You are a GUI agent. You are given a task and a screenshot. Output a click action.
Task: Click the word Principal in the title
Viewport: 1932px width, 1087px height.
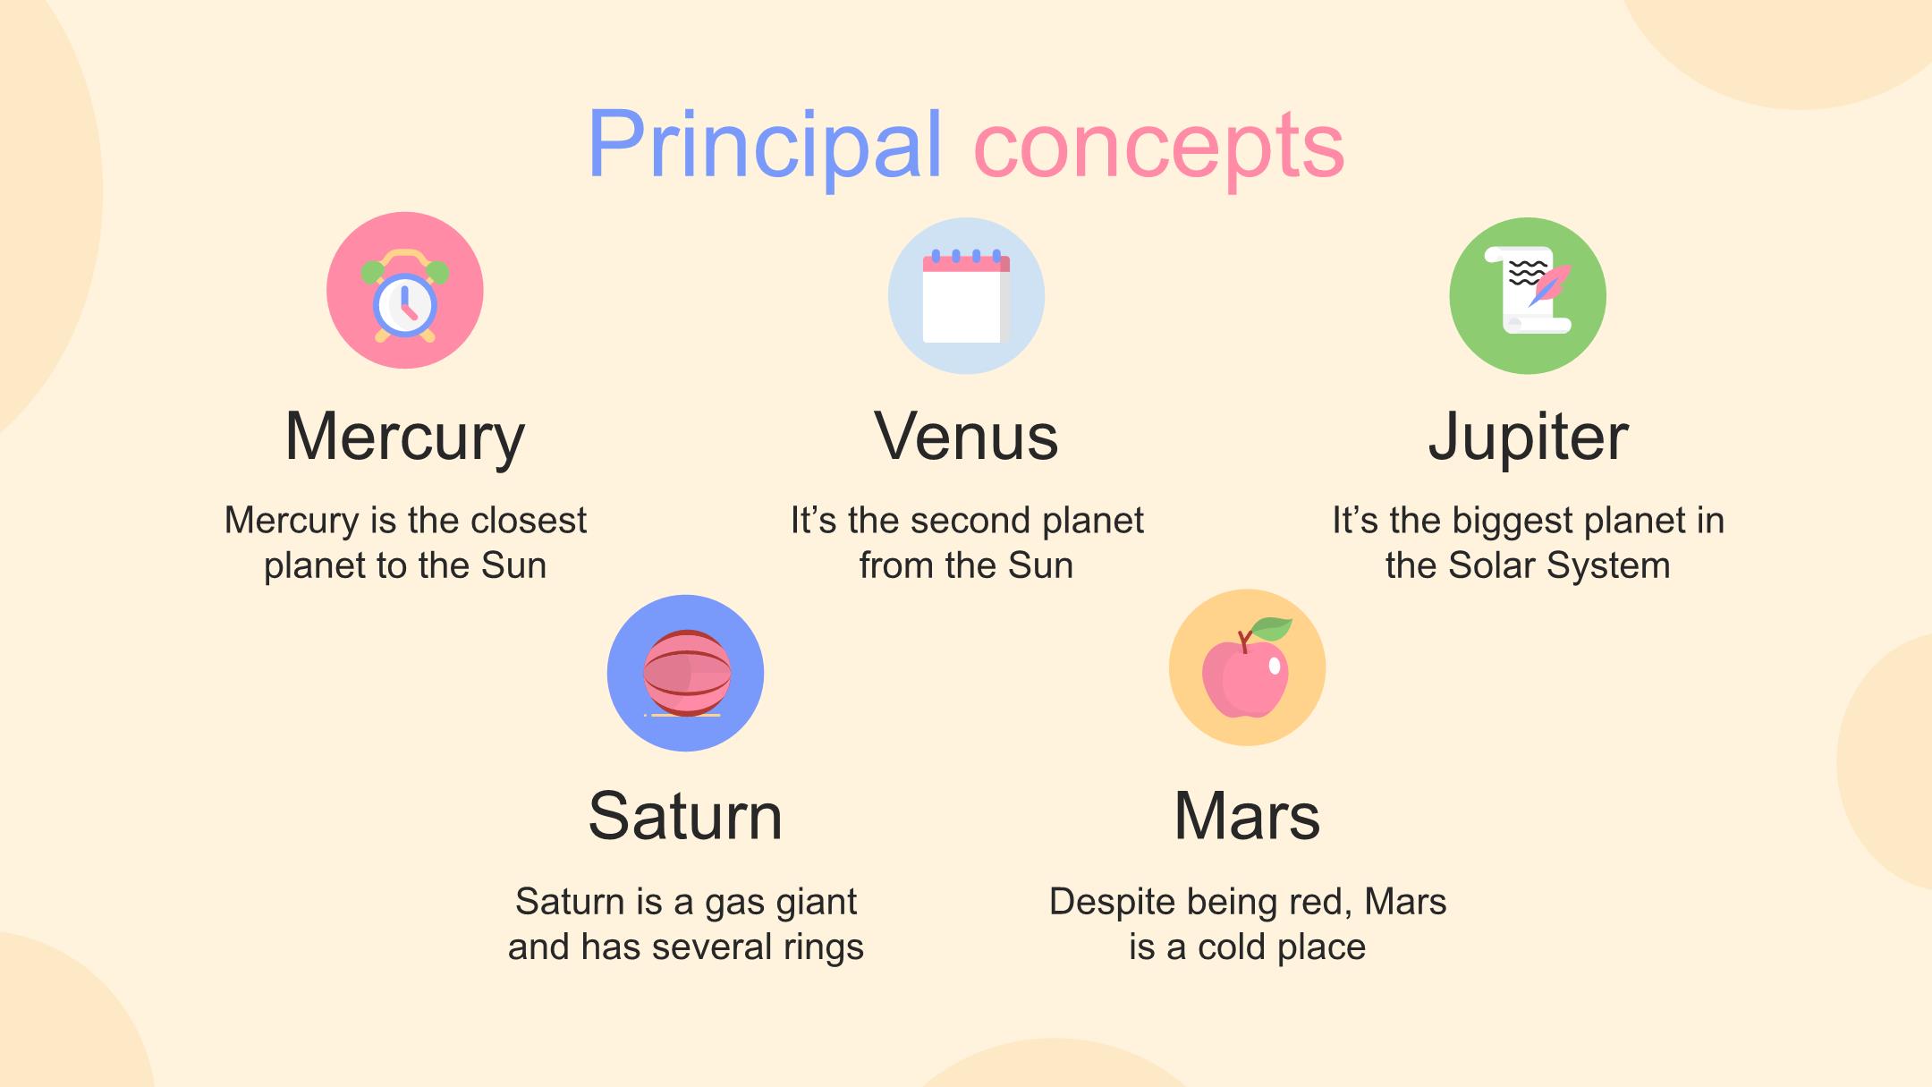(x=765, y=145)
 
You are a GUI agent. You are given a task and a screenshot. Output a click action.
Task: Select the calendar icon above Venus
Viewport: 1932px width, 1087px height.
(x=966, y=295)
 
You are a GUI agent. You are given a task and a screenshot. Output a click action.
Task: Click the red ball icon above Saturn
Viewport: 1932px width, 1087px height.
(x=686, y=673)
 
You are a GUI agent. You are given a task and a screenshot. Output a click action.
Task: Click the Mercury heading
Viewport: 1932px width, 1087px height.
(x=405, y=437)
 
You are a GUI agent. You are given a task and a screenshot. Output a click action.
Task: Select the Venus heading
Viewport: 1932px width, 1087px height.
(x=966, y=437)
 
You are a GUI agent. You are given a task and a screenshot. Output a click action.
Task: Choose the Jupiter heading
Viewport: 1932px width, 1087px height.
(x=1528, y=437)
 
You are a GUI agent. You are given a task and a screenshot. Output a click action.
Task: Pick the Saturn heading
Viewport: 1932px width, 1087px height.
(x=685, y=816)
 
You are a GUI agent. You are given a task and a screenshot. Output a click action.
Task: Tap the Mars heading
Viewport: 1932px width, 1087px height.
(x=1247, y=816)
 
